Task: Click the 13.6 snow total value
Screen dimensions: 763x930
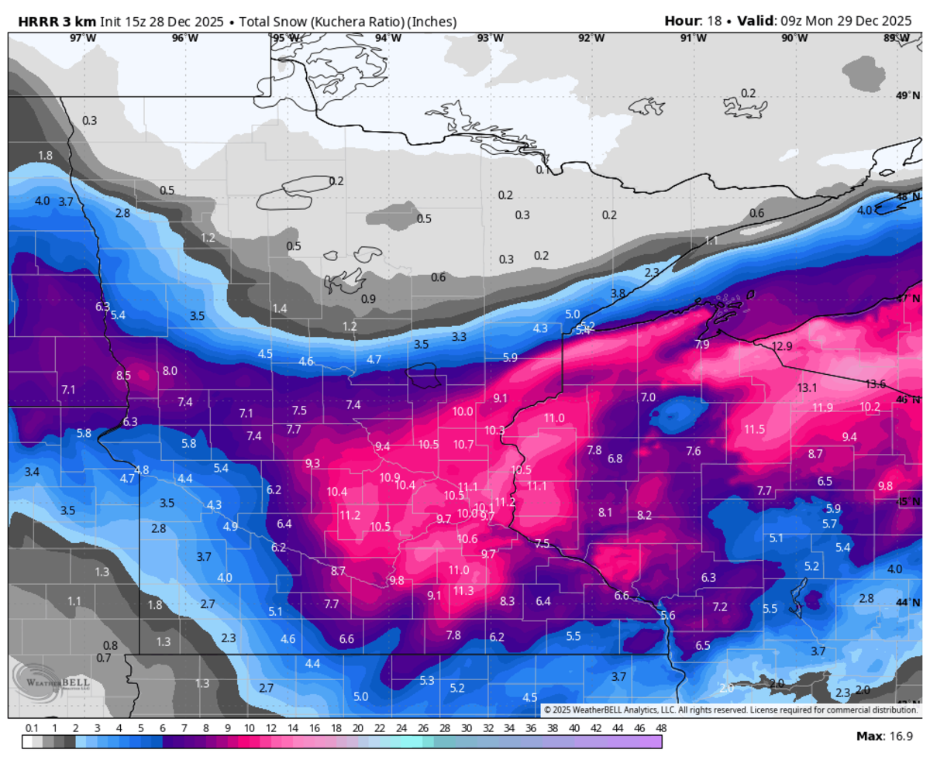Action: pyautogui.click(x=876, y=383)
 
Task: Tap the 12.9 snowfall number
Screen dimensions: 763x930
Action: pyautogui.click(x=783, y=346)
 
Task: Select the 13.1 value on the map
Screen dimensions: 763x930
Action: pyautogui.click(x=808, y=387)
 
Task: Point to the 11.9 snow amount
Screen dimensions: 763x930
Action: pyautogui.click(x=823, y=407)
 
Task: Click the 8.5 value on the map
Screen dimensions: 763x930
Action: pyautogui.click(x=123, y=376)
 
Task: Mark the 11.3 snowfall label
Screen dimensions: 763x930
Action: pyautogui.click(x=463, y=590)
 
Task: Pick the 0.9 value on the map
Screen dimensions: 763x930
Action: pyautogui.click(x=369, y=299)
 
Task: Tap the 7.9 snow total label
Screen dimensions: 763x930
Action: pyautogui.click(x=702, y=344)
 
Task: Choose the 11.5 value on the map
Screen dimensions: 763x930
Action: pyautogui.click(x=754, y=429)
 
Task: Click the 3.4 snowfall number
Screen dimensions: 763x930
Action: pyautogui.click(x=32, y=472)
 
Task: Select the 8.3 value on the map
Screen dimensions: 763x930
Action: pyautogui.click(x=508, y=600)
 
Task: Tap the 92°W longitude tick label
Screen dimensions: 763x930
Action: pyautogui.click(x=591, y=38)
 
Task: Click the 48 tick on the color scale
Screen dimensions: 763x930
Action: pyautogui.click(x=661, y=728)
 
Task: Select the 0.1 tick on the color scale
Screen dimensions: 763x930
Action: pyautogui.click(x=32, y=728)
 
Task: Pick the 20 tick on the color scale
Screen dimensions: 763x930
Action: pyautogui.click(x=357, y=728)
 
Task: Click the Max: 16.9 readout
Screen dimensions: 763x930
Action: pyautogui.click(x=884, y=734)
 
